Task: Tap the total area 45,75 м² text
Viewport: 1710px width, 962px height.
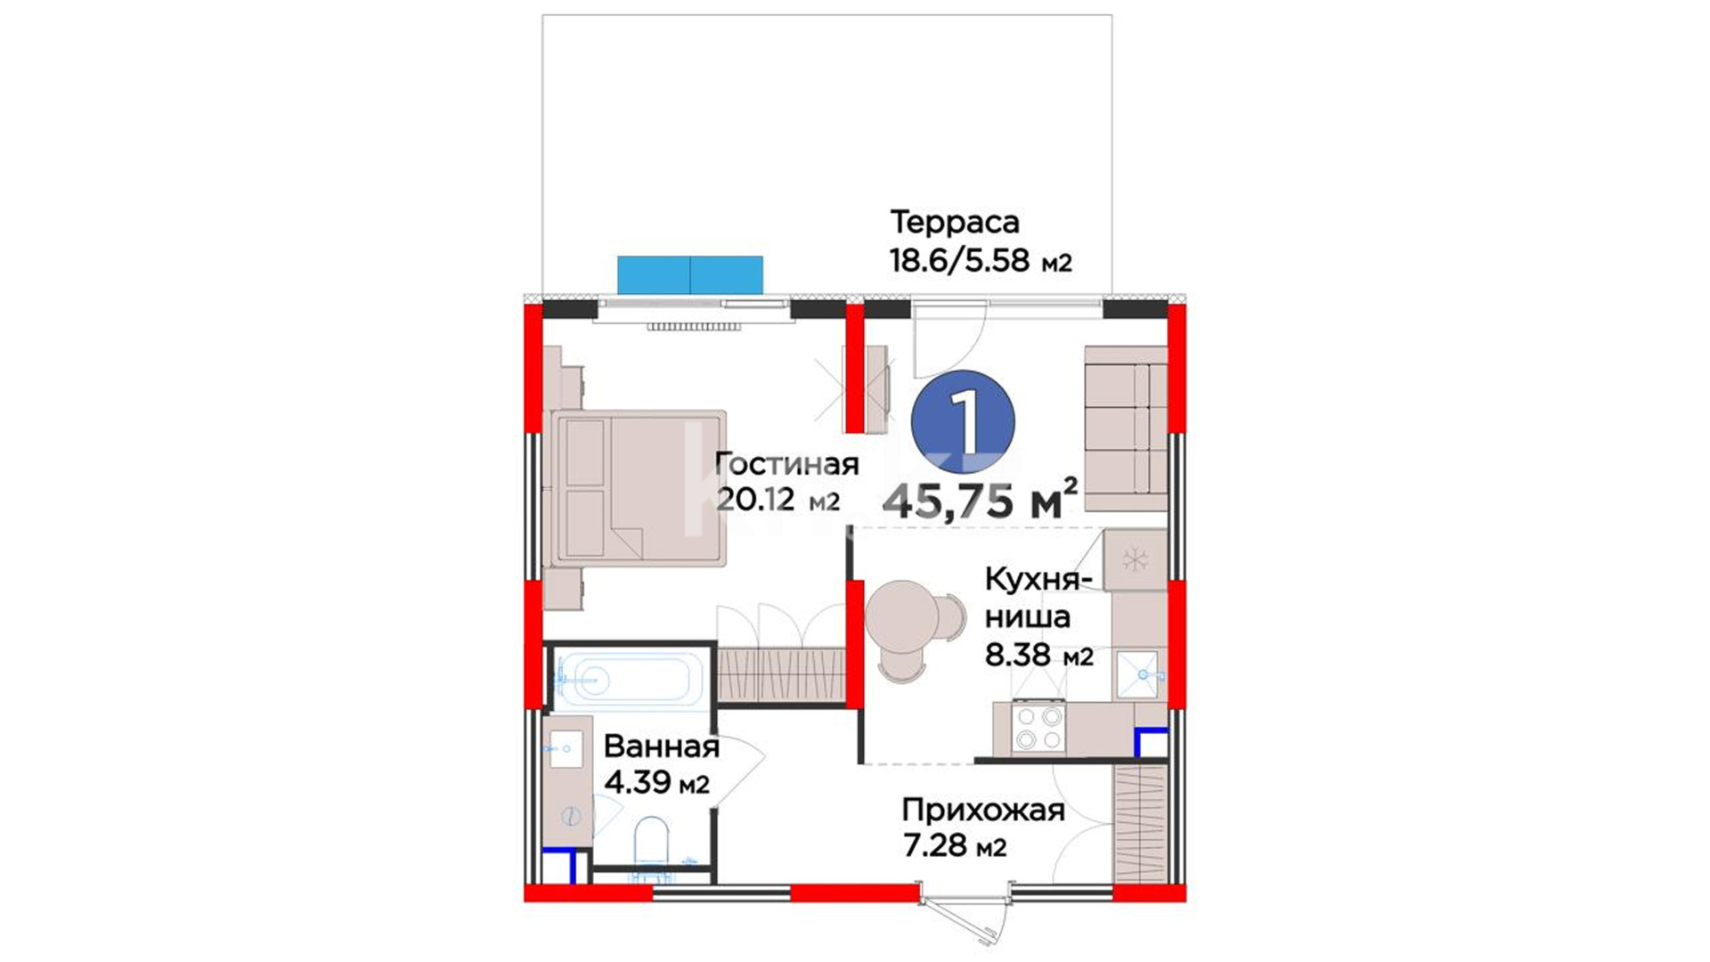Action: click(980, 499)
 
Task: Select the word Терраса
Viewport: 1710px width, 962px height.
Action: click(955, 222)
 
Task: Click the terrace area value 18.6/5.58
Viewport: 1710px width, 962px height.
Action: click(959, 260)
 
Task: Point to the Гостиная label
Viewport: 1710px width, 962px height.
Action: click(786, 464)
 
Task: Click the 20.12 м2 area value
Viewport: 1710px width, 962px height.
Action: click(778, 500)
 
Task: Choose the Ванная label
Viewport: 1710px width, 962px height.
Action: click(662, 746)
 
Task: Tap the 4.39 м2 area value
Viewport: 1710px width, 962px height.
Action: click(656, 782)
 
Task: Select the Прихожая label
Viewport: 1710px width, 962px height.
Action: click(983, 811)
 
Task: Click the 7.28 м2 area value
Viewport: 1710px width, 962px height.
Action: click(955, 845)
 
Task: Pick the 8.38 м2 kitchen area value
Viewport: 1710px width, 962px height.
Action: click(1038, 655)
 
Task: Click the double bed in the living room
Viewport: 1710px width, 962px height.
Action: click(638, 488)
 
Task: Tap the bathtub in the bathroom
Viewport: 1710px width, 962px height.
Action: click(629, 679)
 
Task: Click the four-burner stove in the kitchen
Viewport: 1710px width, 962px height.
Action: click(1038, 728)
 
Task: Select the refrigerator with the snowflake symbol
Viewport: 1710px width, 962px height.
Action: click(1135, 559)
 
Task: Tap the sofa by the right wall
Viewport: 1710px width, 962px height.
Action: click(1126, 429)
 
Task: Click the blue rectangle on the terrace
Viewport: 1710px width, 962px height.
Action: click(690, 275)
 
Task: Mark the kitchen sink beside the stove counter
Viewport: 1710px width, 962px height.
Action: click(1140, 675)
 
